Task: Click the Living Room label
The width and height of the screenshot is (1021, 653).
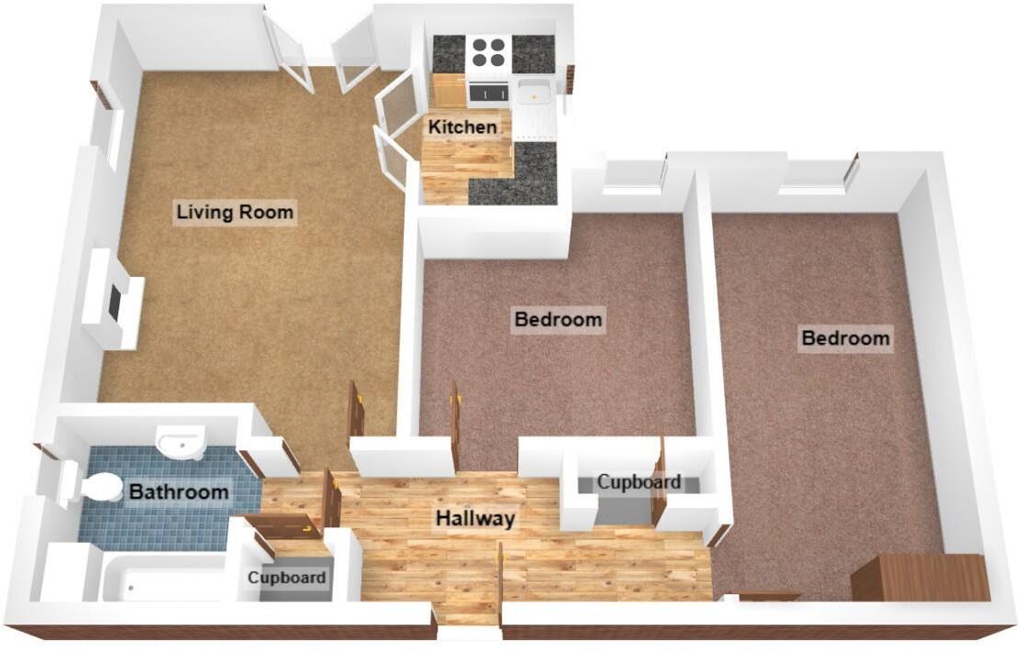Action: (x=235, y=213)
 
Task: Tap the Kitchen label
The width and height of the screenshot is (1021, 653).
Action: (x=463, y=127)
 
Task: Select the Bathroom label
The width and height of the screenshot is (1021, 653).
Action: (x=179, y=492)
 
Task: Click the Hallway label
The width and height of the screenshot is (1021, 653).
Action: (x=474, y=518)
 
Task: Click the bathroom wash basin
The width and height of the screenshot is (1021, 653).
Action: (x=180, y=444)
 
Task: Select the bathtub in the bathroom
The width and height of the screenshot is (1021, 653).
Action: (x=165, y=580)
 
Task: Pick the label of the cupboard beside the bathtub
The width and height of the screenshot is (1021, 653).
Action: (x=287, y=578)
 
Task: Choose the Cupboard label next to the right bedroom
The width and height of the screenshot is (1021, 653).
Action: (x=638, y=481)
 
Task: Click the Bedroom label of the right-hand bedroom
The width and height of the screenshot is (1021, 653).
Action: (x=845, y=338)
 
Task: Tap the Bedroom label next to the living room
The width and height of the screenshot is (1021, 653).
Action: (x=558, y=319)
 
